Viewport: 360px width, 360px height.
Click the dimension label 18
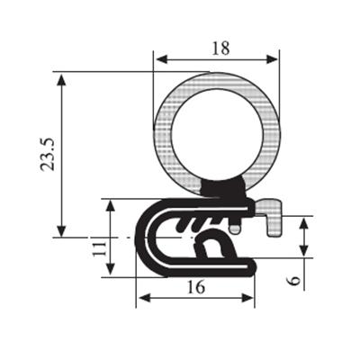pyautogui.click(x=220, y=49)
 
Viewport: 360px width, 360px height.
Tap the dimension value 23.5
pyautogui.click(x=48, y=155)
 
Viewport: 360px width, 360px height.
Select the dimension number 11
pyautogui.click(x=100, y=248)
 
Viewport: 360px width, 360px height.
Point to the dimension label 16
pyautogui.click(x=196, y=287)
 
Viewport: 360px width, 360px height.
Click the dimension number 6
pyautogui.click(x=293, y=281)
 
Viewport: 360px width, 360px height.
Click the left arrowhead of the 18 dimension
pyautogui.click(x=161, y=59)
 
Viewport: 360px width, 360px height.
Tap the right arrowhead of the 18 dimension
pyautogui.click(x=272, y=59)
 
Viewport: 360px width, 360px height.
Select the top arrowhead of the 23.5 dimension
pyautogui.click(x=61, y=80)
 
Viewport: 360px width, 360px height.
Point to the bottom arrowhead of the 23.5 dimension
pyautogui.click(x=61, y=231)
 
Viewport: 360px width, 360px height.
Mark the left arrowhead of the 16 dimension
pyautogui.click(x=145, y=298)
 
